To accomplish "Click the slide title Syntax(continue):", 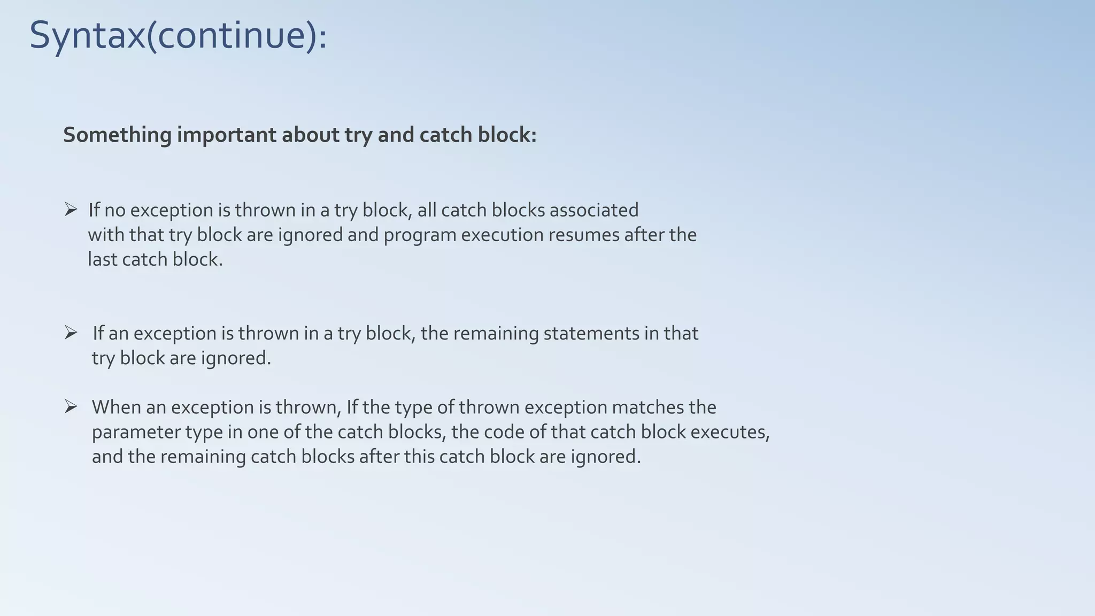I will [178, 35].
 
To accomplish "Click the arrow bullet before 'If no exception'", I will [71, 210].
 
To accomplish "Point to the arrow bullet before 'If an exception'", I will [71, 333].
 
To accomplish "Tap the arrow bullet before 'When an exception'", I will [71, 407].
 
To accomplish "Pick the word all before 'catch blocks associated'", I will [427, 210].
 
